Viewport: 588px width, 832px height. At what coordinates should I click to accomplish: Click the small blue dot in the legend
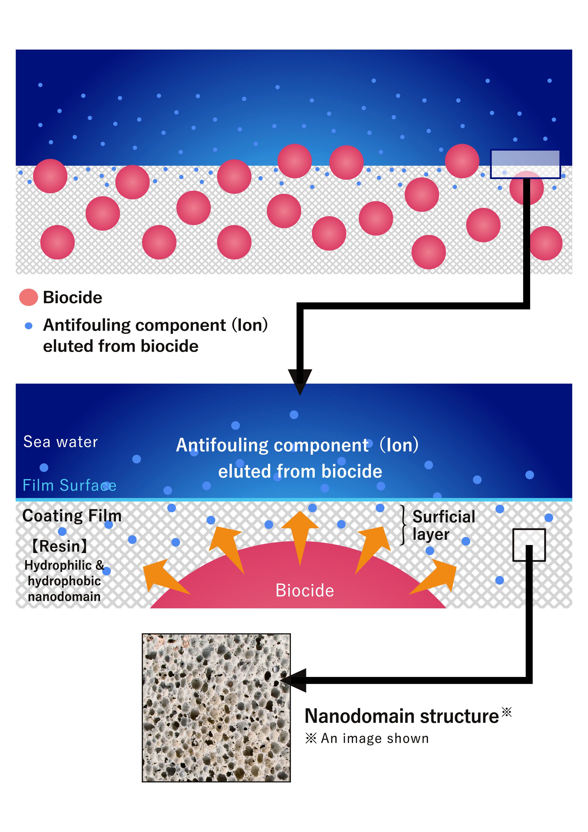click(x=29, y=326)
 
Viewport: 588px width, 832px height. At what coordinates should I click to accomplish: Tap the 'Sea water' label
click(x=60, y=442)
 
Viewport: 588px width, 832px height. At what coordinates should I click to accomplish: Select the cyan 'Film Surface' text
click(x=69, y=485)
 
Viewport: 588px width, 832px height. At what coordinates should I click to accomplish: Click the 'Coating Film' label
click(x=72, y=516)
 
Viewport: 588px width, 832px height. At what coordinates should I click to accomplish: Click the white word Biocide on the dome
click(x=304, y=590)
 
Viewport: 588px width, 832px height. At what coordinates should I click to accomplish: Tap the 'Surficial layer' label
click(x=443, y=525)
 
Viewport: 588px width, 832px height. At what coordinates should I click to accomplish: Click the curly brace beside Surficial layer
click(x=403, y=525)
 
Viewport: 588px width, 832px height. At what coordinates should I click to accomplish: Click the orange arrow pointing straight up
click(x=300, y=533)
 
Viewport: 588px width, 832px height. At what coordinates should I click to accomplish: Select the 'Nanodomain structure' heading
click(x=401, y=716)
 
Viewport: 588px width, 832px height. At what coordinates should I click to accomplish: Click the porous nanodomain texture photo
click(x=216, y=708)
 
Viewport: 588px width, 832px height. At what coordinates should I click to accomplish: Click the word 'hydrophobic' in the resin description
click(x=64, y=581)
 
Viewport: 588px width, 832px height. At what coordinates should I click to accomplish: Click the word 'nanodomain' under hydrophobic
click(x=64, y=596)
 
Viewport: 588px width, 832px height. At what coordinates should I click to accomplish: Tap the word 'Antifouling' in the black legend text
click(x=87, y=325)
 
